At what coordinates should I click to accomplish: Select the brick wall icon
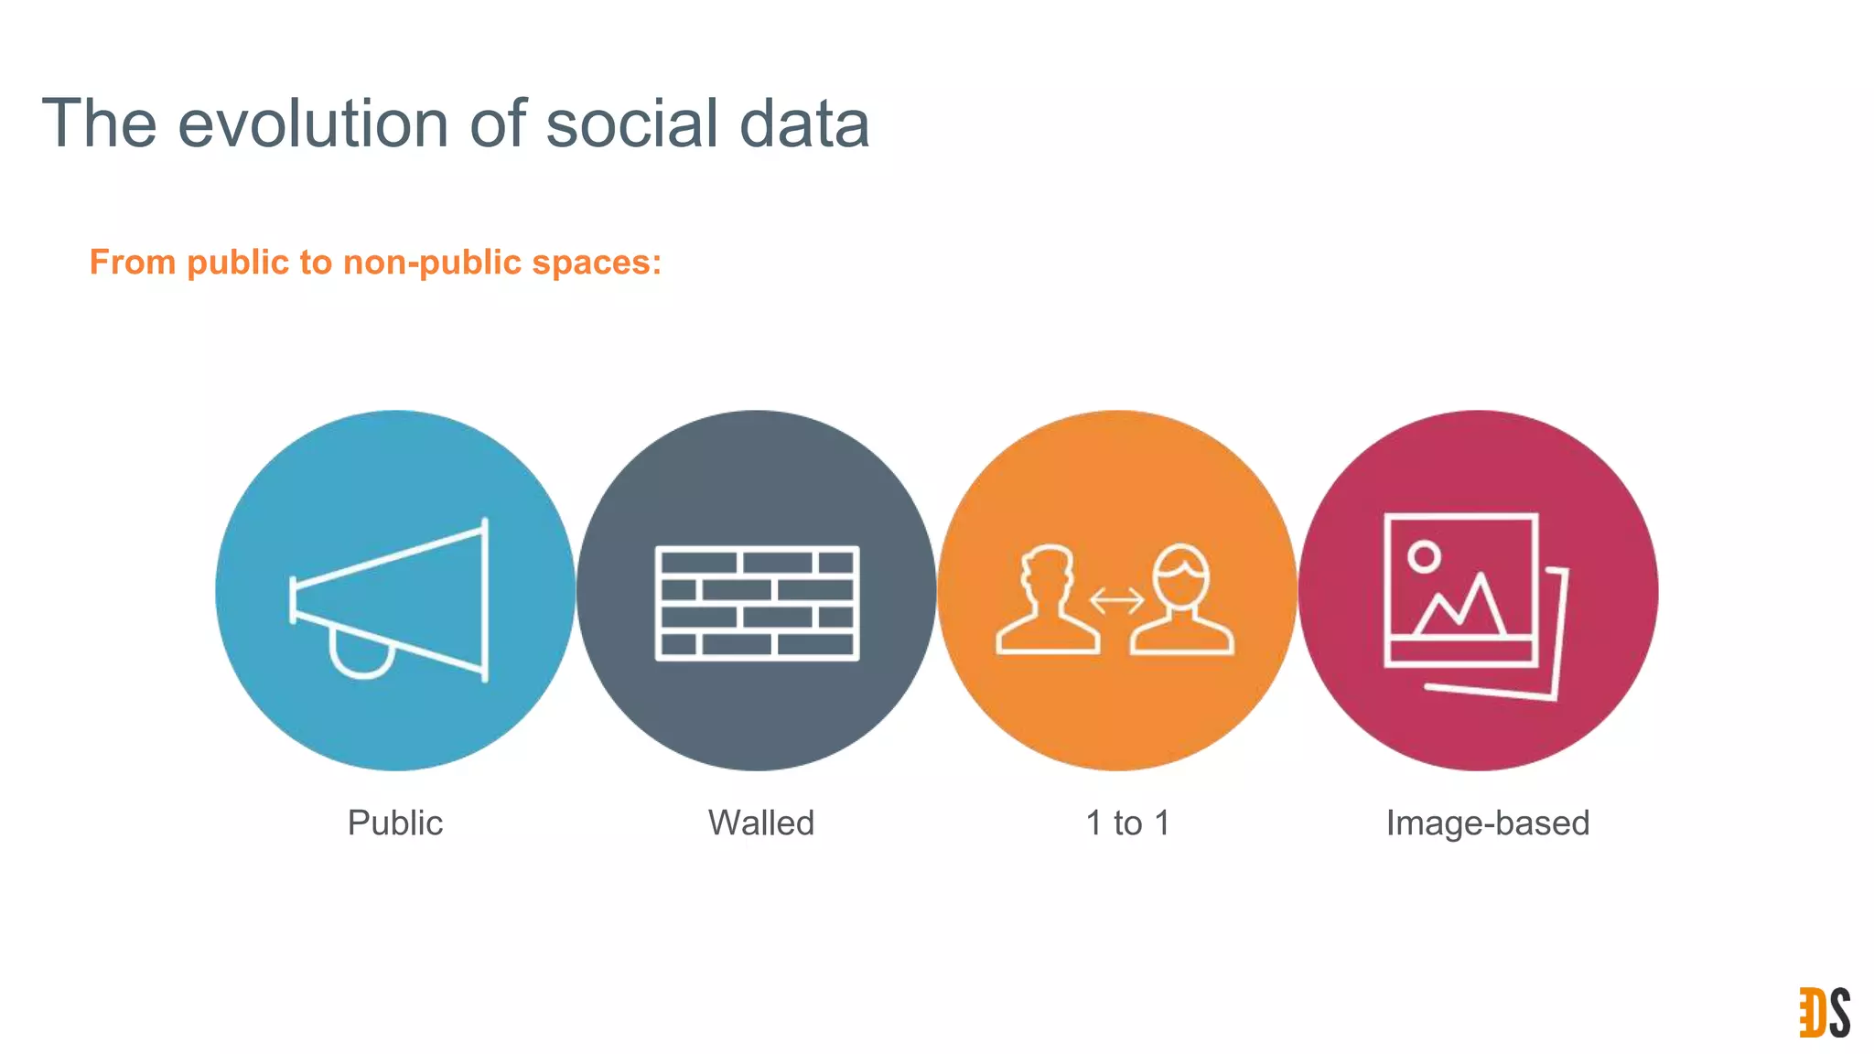click(x=757, y=603)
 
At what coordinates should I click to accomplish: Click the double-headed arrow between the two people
click(x=1116, y=601)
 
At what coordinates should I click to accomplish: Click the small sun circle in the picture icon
click(x=1424, y=556)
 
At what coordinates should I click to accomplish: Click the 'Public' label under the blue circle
click(x=395, y=823)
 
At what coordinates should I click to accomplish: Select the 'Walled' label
click(x=761, y=823)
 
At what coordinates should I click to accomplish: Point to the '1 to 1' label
click(x=1127, y=823)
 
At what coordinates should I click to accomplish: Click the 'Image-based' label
click(x=1488, y=823)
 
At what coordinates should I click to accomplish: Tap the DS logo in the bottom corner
click(x=1825, y=1013)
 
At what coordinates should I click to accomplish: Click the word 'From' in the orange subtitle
click(x=133, y=263)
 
